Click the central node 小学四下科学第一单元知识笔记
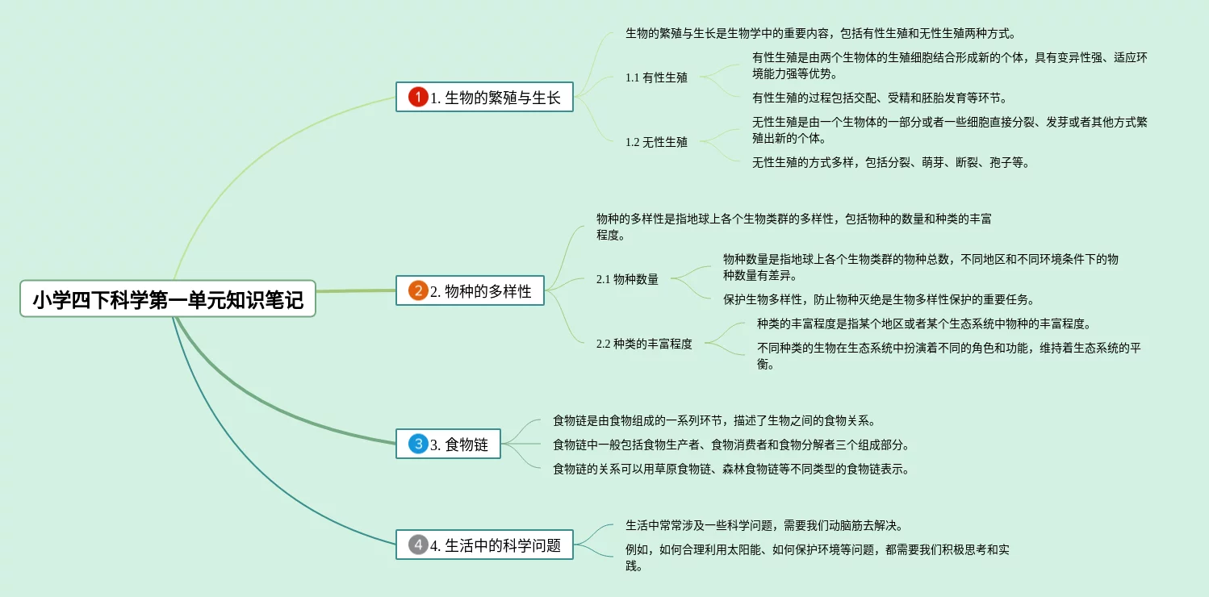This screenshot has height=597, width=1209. pos(168,299)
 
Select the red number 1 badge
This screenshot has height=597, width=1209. pos(418,97)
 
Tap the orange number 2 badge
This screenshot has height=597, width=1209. pos(418,290)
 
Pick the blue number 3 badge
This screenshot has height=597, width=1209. pos(418,443)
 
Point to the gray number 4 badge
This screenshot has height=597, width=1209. pos(418,545)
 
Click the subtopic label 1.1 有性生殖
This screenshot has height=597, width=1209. pos(656,77)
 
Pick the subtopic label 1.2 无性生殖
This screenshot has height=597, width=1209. pos(656,142)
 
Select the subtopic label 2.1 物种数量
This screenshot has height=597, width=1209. pos(627,279)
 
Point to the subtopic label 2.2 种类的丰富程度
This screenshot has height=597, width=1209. pos(644,344)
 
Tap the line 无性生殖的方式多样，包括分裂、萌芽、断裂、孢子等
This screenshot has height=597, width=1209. pos(891,163)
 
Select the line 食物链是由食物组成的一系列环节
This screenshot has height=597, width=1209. pos(714,421)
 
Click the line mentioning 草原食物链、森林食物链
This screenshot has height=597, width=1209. pos(731,469)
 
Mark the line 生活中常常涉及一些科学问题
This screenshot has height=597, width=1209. pos(763,526)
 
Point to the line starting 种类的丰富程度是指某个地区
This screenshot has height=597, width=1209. pos(924,324)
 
